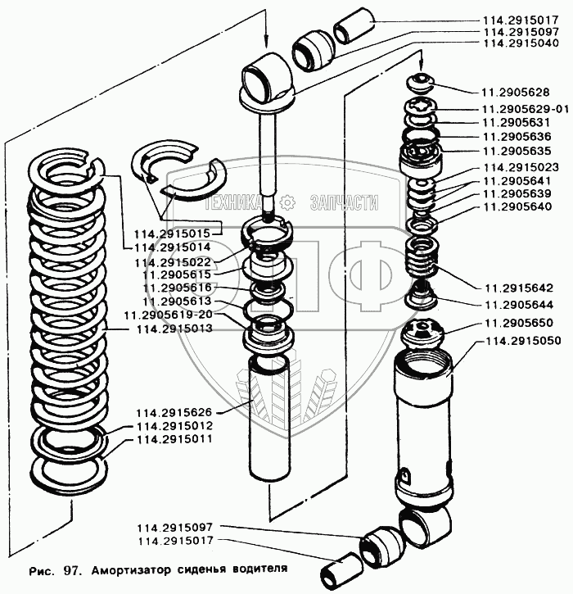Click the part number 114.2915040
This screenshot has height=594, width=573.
click(x=521, y=43)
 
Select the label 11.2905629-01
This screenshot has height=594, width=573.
click(x=524, y=108)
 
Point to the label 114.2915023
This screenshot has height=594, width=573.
click(x=521, y=167)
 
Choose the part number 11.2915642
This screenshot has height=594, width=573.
click(x=517, y=288)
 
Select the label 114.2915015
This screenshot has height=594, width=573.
click(x=171, y=234)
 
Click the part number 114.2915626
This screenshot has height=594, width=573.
click(x=174, y=413)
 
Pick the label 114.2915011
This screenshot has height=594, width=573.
click(x=174, y=440)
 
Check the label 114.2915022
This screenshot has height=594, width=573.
click(x=171, y=261)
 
